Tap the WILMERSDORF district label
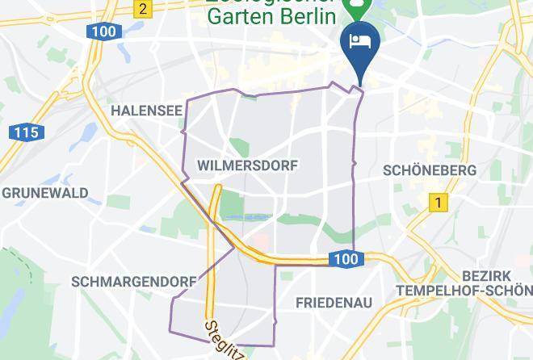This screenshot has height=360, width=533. point(247,165)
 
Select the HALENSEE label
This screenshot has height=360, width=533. point(146,110)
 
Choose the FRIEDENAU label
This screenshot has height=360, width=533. point(334,303)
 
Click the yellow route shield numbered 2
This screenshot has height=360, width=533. point(142,9)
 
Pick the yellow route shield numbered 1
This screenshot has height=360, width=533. point(438,203)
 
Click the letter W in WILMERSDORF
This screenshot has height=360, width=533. point(202,165)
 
